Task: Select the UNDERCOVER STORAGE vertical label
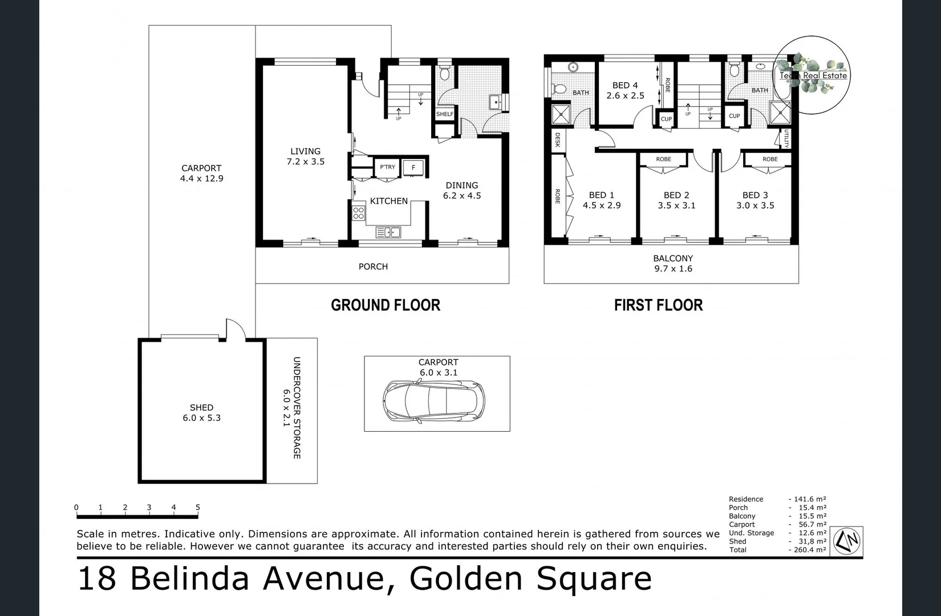point(297,408)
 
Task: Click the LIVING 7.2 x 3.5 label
point(305,156)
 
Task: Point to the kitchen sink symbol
point(388,232)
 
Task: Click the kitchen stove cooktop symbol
point(358,213)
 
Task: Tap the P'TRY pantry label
point(387,167)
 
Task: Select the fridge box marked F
point(413,168)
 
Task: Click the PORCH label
point(373,266)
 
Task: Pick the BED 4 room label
point(625,90)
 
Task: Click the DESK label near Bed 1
point(557,140)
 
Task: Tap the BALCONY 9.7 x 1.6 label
point(673,264)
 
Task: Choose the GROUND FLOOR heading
point(386,305)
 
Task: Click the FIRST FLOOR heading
point(658,305)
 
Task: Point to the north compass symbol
point(847,540)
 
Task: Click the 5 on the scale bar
point(198,507)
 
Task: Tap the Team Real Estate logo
point(813,75)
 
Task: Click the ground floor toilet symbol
point(445,74)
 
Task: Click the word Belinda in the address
point(189,578)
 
